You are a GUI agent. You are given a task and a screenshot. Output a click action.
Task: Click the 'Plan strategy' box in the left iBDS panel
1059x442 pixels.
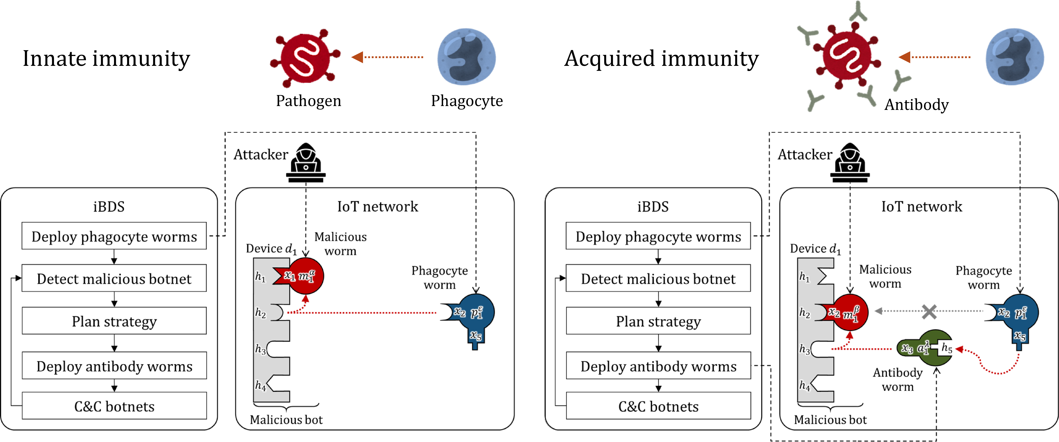pos(114,321)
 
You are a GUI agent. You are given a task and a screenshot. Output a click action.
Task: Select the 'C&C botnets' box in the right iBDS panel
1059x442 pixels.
pos(658,406)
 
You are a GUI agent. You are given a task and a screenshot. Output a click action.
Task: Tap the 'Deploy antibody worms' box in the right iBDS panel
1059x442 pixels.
pos(658,366)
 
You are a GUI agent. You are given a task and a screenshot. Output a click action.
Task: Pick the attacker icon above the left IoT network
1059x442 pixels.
pos(306,162)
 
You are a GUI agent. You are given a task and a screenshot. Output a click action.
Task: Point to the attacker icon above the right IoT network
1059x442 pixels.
pos(850,162)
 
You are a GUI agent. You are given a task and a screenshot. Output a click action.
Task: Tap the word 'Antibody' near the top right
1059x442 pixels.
pos(916,105)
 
